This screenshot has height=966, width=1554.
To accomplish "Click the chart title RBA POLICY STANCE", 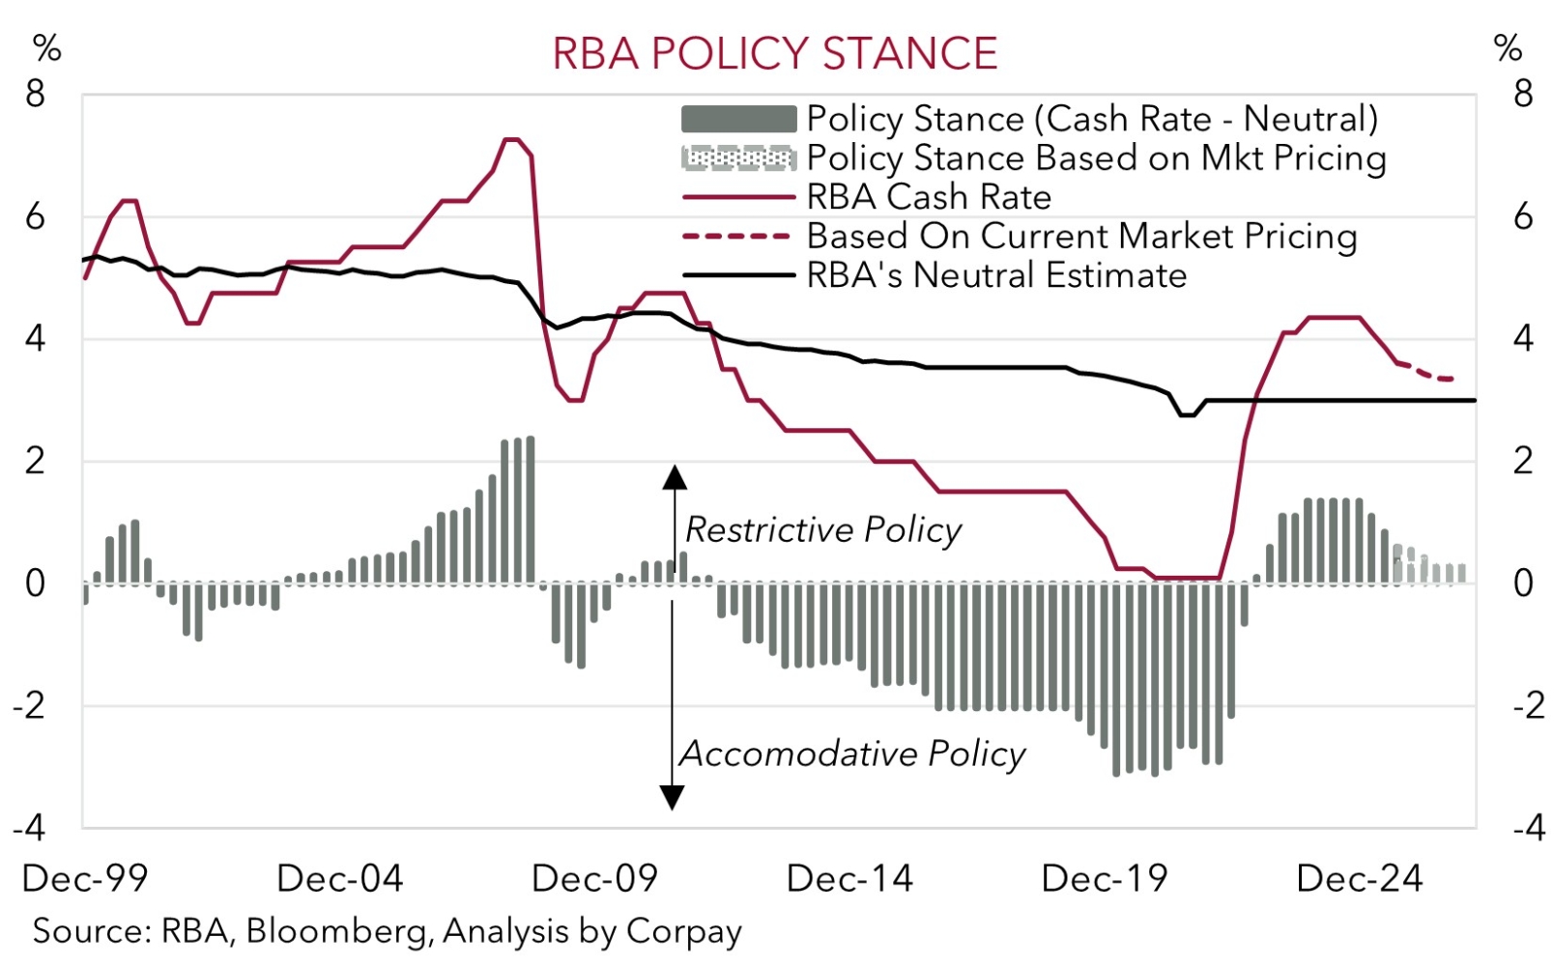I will (774, 54).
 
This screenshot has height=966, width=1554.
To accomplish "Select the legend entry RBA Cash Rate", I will (928, 197).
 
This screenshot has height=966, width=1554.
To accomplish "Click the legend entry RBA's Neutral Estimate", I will (995, 275).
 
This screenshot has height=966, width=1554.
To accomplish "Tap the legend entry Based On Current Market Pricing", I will (1080, 237).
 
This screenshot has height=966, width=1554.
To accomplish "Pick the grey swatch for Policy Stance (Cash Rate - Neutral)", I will (738, 119).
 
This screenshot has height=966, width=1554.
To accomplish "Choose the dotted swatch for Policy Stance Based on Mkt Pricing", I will (738, 158).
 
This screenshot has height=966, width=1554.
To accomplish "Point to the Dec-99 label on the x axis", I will (85, 879).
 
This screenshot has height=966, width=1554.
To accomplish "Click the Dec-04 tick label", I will (339, 879).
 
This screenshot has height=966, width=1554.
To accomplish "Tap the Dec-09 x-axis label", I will (594, 879).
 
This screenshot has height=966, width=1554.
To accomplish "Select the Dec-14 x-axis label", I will (849, 879).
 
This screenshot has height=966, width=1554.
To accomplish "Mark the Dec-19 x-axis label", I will (1105, 879).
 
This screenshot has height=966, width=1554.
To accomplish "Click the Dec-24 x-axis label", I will (1360, 879).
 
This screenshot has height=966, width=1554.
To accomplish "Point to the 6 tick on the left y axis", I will (36, 217).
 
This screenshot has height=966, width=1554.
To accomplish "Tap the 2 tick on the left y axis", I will (36, 462).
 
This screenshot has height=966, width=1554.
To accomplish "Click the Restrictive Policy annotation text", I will (823, 530).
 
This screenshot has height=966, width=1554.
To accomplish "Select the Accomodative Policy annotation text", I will (852, 753).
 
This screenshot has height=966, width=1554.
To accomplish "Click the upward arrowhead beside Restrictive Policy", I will (674, 477).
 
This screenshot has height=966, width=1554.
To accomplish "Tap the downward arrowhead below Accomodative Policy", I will (672, 797).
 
